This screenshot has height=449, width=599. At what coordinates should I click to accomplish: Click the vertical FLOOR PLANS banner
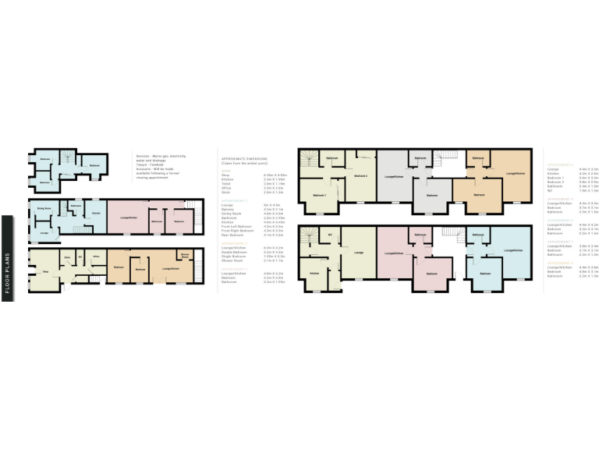click(x=7, y=257)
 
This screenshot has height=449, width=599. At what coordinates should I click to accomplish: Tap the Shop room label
click(x=45, y=271)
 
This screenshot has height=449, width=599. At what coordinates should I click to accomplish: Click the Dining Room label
click(x=44, y=208)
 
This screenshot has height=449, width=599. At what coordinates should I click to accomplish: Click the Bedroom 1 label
click(x=319, y=194)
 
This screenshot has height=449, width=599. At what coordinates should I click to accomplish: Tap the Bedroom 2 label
click(x=360, y=176)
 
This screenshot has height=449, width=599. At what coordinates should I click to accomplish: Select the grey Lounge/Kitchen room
click(x=394, y=177)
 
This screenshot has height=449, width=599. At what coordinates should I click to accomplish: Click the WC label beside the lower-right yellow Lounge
click(x=331, y=235)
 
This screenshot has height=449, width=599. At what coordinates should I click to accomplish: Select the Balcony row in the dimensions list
click(x=229, y=210)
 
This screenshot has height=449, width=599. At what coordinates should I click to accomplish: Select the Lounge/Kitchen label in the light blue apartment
click(x=513, y=250)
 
